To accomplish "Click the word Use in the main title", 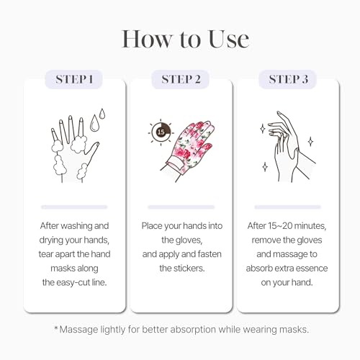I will pos(221,40).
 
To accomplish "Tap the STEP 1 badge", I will pos(73,78).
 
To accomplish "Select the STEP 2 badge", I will pos(180,78).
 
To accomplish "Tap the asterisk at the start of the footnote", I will pos(56,328).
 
